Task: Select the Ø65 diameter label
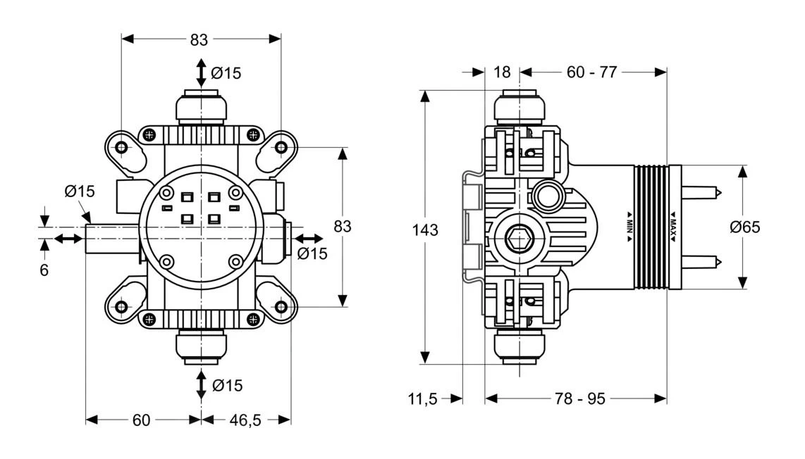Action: [x=745, y=227]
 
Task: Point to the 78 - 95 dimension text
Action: [x=579, y=398]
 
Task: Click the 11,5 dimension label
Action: [x=422, y=399]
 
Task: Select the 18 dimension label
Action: [x=502, y=72]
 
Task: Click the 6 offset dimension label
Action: [x=44, y=270]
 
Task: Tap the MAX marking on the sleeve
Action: [x=673, y=227]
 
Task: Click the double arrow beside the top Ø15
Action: [x=202, y=73]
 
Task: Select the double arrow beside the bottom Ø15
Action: [x=202, y=384]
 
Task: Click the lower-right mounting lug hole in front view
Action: [x=281, y=307]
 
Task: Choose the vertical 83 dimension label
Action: [x=342, y=227]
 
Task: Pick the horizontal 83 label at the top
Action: [x=199, y=39]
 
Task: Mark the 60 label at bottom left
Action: [x=142, y=420]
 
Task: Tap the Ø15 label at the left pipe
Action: [x=79, y=191]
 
